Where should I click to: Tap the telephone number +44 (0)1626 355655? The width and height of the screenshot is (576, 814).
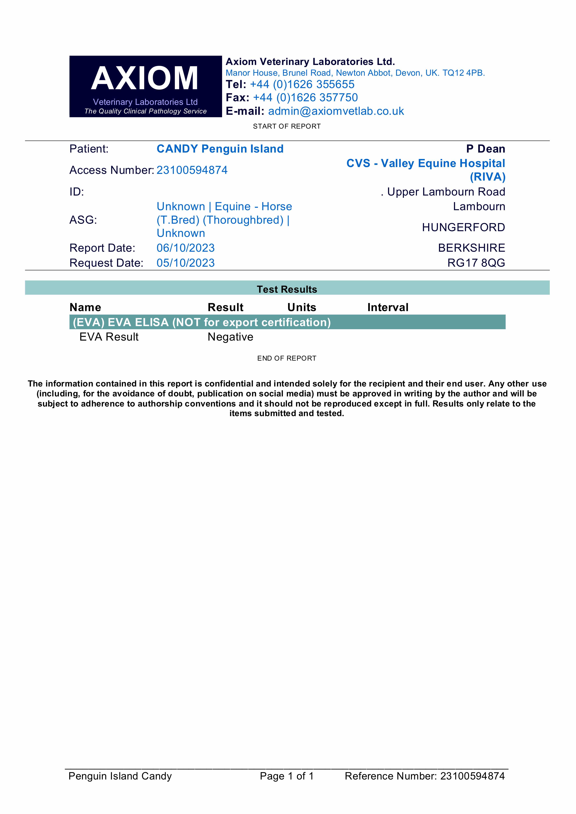[x=302, y=84]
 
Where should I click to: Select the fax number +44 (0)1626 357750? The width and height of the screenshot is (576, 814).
[x=305, y=98]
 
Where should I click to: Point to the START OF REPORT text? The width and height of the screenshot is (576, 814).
[x=287, y=126]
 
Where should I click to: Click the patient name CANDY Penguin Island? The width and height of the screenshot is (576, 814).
[x=220, y=149]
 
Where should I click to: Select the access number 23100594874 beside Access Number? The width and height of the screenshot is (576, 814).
[x=192, y=170]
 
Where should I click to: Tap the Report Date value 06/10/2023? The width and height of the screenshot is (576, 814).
[x=186, y=248]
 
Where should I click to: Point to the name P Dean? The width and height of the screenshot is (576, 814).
[x=486, y=149]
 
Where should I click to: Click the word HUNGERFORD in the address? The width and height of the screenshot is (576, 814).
[x=463, y=227]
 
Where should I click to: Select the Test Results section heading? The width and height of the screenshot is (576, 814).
[x=287, y=289]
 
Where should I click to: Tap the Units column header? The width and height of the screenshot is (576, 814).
[x=302, y=307]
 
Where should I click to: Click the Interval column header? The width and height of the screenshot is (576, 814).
[x=388, y=307]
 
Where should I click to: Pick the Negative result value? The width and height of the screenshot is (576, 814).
[x=230, y=337]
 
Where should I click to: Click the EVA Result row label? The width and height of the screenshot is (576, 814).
[x=109, y=337]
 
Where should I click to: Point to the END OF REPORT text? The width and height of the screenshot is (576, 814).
[x=287, y=358]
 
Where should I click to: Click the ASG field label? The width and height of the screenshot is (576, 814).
[x=83, y=220]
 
